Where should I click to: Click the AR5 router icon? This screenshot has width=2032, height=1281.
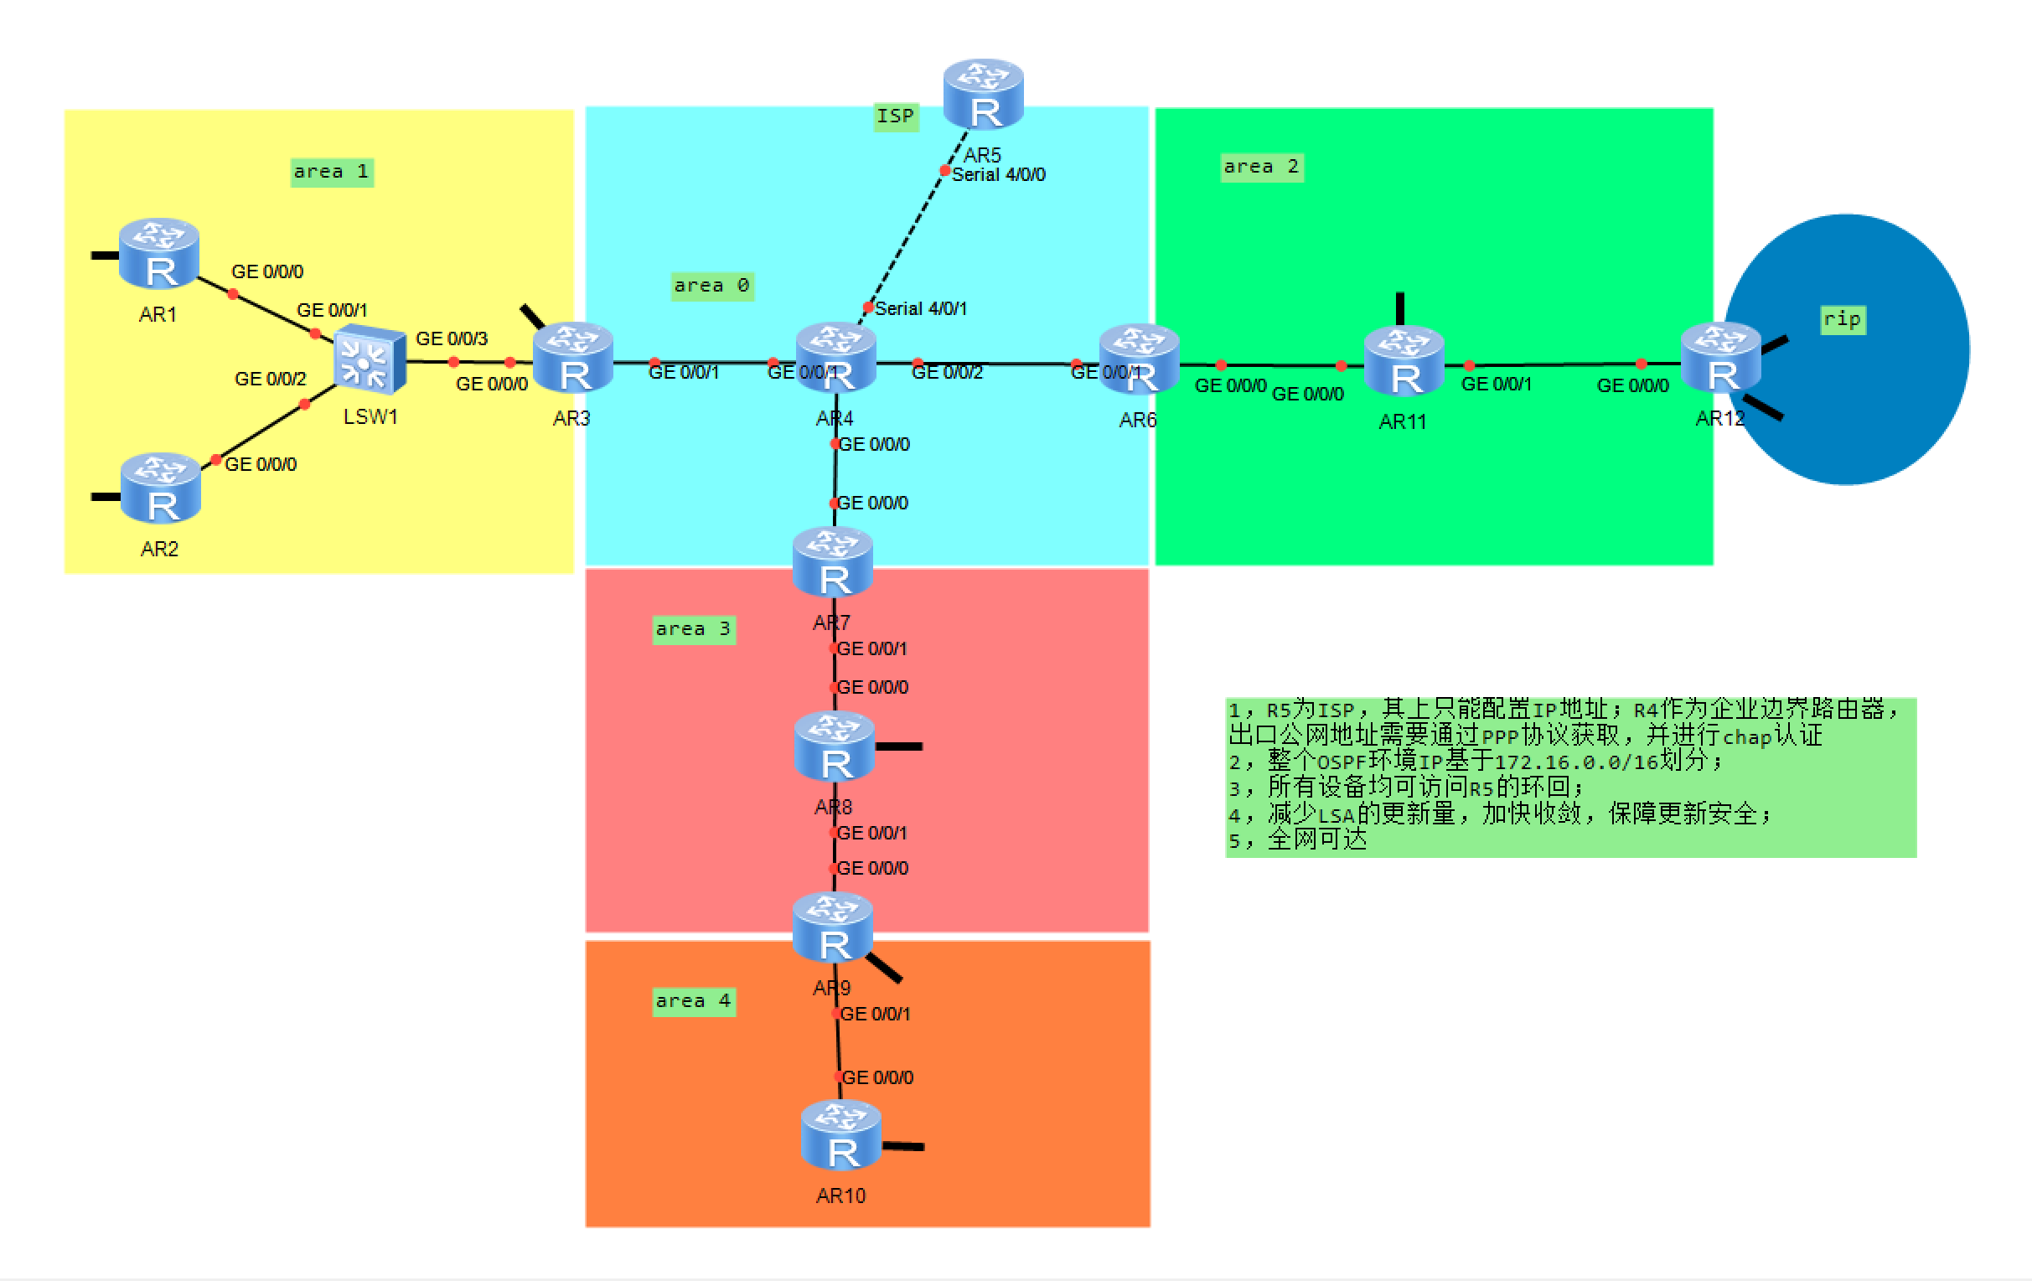pyautogui.click(x=983, y=94)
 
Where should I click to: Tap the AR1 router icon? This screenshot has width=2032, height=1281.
pyautogui.click(x=158, y=253)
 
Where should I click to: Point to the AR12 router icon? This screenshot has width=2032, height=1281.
pyautogui.click(x=1719, y=358)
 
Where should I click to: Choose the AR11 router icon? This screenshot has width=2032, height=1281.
pyautogui.click(x=1404, y=361)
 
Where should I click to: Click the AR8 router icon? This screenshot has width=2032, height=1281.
pyautogui.click(x=835, y=746)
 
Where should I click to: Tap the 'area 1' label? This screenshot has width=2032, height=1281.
pyautogui.click(x=332, y=172)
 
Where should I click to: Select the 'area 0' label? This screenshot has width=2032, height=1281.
pyautogui.click(x=711, y=286)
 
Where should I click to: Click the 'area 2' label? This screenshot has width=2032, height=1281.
pyautogui.click(x=1261, y=167)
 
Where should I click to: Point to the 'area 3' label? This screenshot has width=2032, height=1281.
pyautogui.click(x=693, y=629)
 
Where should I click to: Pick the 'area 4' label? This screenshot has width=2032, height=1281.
pyautogui.click(x=693, y=1002)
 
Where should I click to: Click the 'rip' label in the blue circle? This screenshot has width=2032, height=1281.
pyautogui.click(x=1842, y=320)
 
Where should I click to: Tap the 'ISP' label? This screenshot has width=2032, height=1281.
pyautogui.click(x=895, y=116)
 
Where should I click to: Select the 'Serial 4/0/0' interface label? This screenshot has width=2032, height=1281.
pyautogui.click(x=998, y=174)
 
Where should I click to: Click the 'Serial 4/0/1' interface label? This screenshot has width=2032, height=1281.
pyautogui.click(x=921, y=309)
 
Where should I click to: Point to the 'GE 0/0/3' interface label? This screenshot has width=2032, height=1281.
pyautogui.click(x=452, y=338)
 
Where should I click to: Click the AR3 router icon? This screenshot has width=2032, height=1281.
pyautogui.click(x=573, y=358)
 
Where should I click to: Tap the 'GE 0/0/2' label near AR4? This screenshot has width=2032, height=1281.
pyautogui.click(x=947, y=372)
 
